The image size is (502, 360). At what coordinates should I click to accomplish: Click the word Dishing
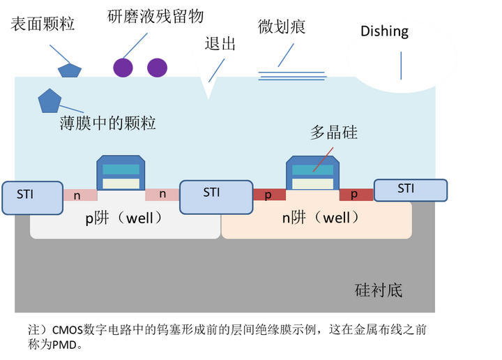pos(385,31)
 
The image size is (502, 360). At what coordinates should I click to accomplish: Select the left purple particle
pos(123,67)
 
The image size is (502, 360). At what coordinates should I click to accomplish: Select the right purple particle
pos(157,67)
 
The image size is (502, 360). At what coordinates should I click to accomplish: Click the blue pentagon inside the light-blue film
pos(50,101)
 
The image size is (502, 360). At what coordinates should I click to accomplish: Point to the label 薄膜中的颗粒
pos(107,124)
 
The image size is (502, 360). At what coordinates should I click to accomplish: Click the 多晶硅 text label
pos(333,133)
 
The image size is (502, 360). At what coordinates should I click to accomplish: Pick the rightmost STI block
pos(410,190)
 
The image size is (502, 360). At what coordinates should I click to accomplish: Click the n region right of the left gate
pos(162,195)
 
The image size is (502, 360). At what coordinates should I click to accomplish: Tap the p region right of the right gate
pos(356,195)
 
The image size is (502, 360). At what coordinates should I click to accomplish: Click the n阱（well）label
pos(321,218)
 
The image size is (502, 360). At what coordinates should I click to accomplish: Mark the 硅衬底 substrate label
pos(379,290)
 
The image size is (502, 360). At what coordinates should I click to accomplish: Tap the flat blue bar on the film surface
pos(291,73)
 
